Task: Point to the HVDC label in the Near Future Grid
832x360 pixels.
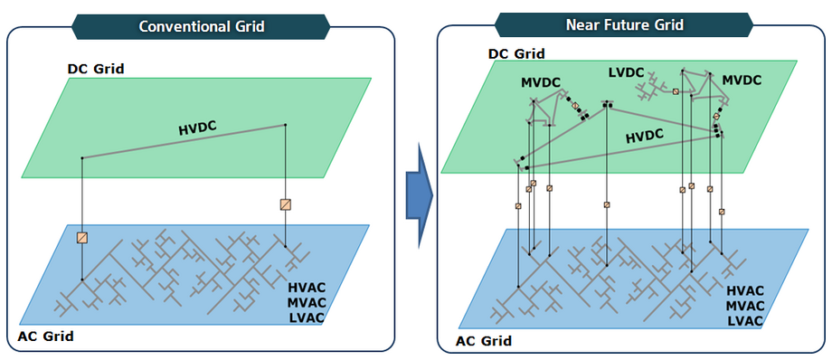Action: tap(645, 135)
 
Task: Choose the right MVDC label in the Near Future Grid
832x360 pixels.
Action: tap(742, 80)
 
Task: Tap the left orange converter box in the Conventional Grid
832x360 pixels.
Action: tap(82, 238)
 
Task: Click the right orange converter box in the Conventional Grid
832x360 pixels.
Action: tap(286, 204)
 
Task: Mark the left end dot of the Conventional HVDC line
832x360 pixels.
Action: tap(82, 158)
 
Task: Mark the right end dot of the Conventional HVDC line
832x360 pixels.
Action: tap(286, 125)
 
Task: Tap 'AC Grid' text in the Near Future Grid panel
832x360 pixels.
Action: tap(483, 341)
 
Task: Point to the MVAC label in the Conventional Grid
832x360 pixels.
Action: tap(306, 303)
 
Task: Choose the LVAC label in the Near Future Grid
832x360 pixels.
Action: tap(745, 320)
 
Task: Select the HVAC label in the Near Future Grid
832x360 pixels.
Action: tap(745, 290)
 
